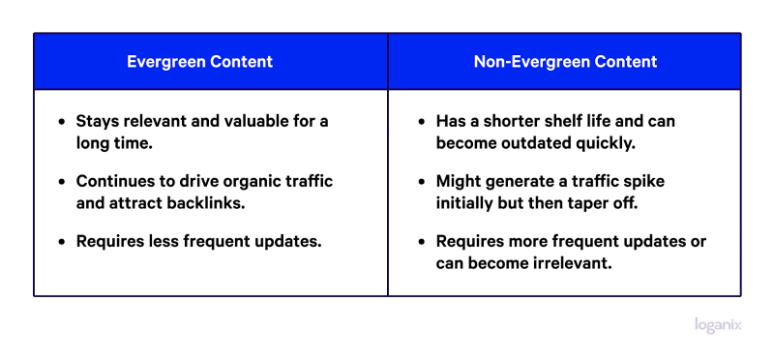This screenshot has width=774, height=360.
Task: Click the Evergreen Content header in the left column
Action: (x=200, y=62)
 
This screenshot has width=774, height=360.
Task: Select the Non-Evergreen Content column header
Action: (x=565, y=62)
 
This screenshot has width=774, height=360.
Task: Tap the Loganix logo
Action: (x=718, y=325)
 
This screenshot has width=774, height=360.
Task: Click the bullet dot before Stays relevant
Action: (x=63, y=122)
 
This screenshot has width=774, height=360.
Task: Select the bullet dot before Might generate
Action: (x=422, y=182)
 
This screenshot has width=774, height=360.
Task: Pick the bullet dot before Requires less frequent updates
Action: (x=63, y=242)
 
